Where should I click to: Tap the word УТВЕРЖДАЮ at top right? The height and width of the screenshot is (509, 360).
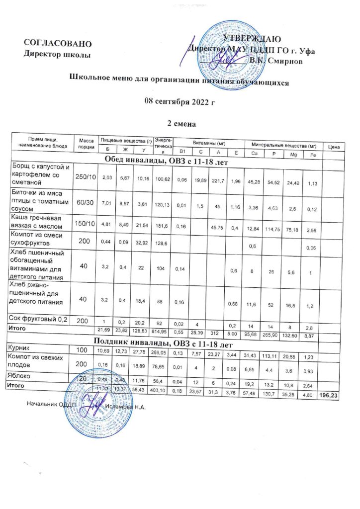pyautogui.click(x=253, y=39)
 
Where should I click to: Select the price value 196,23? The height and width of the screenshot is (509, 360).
pyautogui.click(x=334, y=386)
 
